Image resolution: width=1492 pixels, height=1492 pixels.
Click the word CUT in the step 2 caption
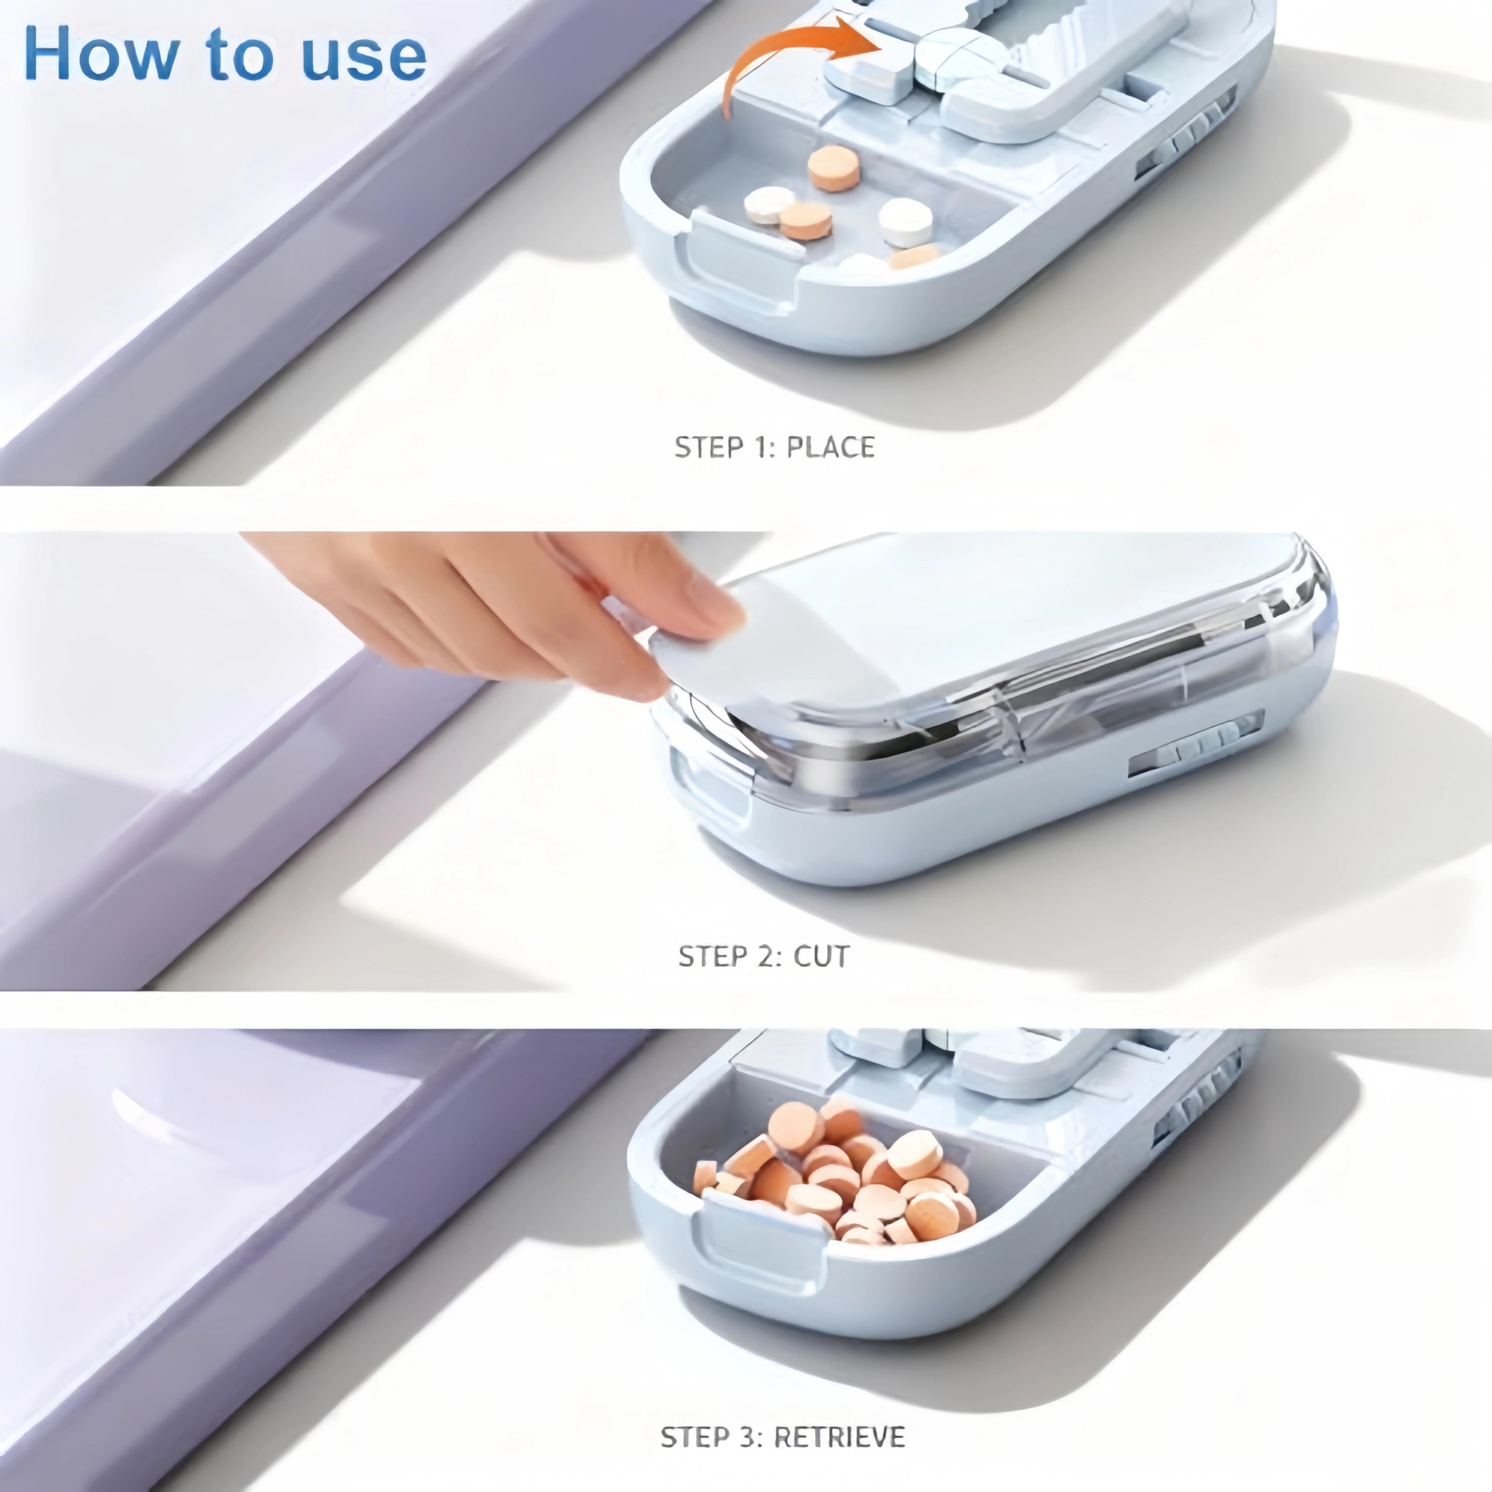821,956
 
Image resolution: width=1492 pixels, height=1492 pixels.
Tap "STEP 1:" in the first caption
723,447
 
